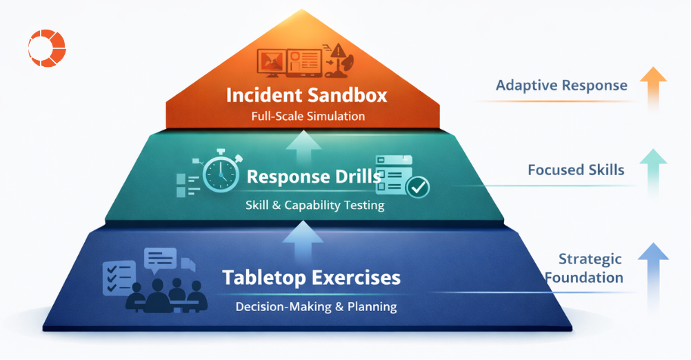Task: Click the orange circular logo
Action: point(46,48)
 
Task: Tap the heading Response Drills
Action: point(314,177)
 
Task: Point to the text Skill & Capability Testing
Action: point(314,205)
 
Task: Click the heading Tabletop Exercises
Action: point(311,278)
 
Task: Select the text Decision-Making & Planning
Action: point(316,306)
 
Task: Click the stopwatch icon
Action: point(220,170)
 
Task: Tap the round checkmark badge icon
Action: point(418,186)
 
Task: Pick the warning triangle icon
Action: point(339,51)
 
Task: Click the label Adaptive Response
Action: point(561,86)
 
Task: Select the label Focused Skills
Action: point(576,170)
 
